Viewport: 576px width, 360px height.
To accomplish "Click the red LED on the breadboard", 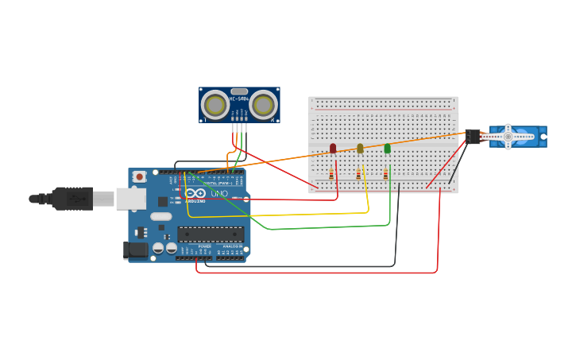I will pos(333,148).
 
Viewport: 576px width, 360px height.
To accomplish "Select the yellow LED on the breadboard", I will pos(360,148).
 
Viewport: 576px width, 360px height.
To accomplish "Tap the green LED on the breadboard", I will pos(387,148).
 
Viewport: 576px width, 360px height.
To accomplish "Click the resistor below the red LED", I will pos(331,175).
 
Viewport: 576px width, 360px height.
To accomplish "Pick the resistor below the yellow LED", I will pos(358,175).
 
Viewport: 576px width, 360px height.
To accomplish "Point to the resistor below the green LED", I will pos(385,175).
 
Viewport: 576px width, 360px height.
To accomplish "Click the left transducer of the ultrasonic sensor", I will pos(215,105).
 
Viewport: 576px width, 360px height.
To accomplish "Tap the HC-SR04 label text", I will pos(238,99).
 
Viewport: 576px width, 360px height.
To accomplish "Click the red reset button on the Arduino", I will pos(140,176).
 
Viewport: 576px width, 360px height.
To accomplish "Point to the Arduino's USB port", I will pos(131,199).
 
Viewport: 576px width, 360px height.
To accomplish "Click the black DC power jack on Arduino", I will pos(137,250).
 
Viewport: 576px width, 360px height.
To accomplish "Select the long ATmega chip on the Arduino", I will pos(211,234).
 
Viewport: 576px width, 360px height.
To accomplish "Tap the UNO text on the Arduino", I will pos(218,193).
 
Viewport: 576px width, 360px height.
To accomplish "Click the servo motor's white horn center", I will pos(508,137).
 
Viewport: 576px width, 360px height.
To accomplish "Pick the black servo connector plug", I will pos(474,137).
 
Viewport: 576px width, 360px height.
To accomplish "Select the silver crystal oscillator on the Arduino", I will pos(160,216).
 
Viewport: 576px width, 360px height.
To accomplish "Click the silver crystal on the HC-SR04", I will pos(239,91).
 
